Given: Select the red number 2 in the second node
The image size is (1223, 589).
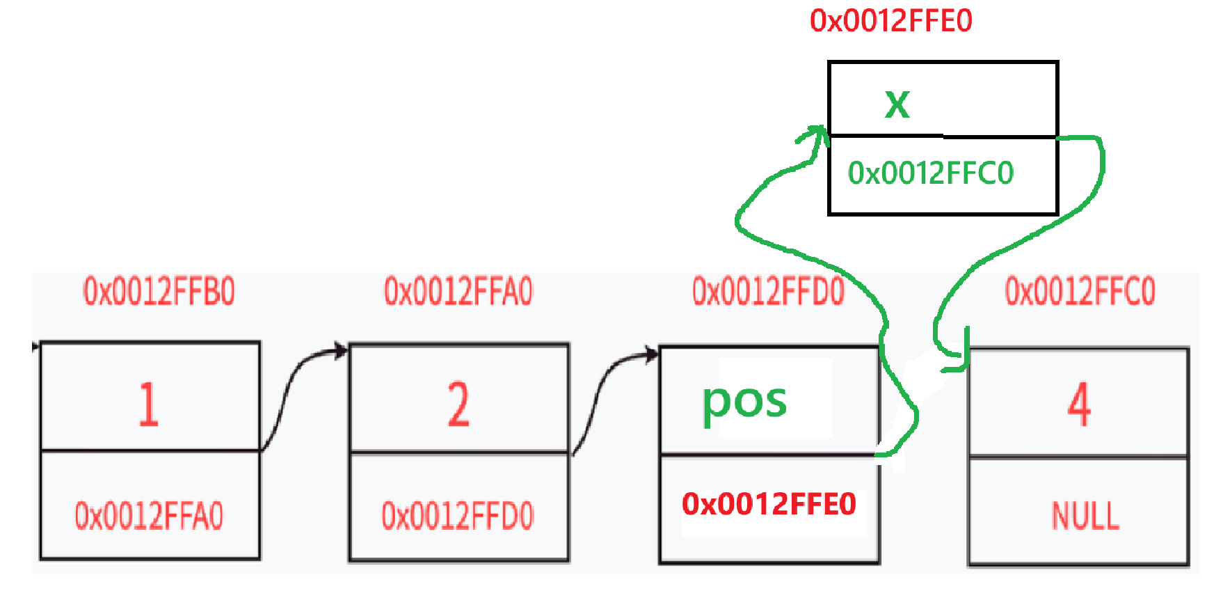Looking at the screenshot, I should tap(458, 404).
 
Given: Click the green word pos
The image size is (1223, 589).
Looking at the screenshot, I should tap(744, 402).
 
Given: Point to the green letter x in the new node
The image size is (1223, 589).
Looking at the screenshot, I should tap(897, 104).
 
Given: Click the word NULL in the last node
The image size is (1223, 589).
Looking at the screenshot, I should tap(1085, 516).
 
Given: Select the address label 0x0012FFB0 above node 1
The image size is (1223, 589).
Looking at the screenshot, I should tap(159, 291).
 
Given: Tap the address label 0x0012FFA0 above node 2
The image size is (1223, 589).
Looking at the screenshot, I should tap(458, 291).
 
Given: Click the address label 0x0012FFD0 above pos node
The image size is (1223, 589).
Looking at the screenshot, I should tap(767, 291).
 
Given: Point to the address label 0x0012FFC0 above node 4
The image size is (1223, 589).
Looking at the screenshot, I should tap(1080, 291).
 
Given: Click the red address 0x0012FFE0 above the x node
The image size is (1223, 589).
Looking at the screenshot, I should tap(890, 21).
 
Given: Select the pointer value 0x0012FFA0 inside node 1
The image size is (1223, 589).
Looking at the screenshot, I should tap(149, 516).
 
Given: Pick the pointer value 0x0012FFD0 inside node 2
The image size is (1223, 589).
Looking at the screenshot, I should tap(457, 516).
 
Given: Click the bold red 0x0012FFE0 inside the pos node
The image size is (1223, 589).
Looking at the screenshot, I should tap(769, 503).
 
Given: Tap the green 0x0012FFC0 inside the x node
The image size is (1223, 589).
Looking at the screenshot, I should tap(930, 173).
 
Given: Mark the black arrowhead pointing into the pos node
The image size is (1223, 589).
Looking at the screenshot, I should tap(651, 354).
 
